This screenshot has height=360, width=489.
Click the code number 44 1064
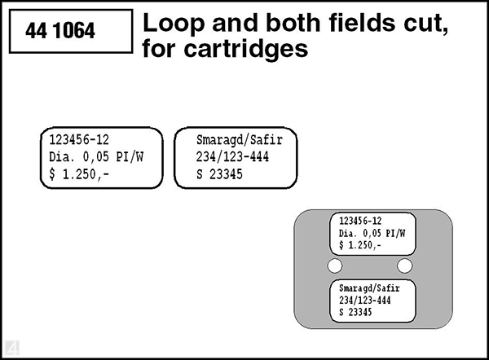click(x=60, y=32)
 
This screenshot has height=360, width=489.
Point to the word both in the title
click(x=249, y=24)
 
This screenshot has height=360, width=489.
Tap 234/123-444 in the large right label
click(x=232, y=156)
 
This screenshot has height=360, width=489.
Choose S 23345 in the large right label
click(x=219, y=173)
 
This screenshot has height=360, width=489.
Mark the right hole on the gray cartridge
click(x=405, y=266)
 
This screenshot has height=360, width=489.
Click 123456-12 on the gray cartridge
click(x=359, y=221)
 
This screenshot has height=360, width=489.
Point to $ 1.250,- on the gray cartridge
click(x=359, y=245)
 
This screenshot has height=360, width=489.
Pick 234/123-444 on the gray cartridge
click(x=365, y=301)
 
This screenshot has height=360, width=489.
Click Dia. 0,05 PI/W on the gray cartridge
click(x=371, y=233)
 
